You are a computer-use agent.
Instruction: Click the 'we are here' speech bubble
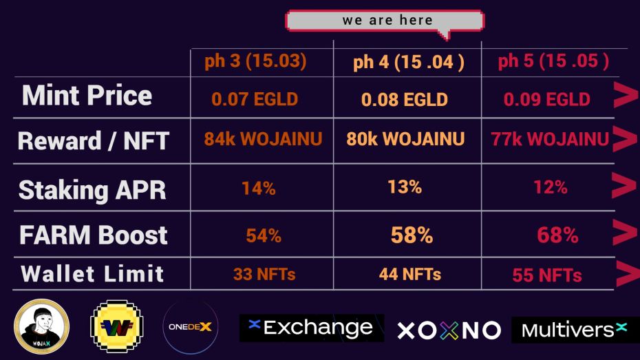(385, 21)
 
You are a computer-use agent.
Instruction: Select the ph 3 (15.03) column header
(255, 61)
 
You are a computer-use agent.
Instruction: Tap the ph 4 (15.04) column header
(409, 63)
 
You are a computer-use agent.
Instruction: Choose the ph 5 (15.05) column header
(553, 61)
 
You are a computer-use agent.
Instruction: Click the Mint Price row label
(87, 96)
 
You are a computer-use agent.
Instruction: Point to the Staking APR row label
(92, 190)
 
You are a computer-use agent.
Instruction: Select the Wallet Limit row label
(92, 273)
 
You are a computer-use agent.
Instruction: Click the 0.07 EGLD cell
(255, 99)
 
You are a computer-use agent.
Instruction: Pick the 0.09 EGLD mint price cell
(547, 99)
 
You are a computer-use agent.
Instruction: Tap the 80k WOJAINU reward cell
(405, 139)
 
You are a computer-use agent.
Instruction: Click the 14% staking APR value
(258, 188)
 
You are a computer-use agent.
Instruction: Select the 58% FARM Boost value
(412, 235)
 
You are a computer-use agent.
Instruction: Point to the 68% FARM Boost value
(557, 235)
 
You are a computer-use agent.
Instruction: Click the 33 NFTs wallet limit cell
(264, 274)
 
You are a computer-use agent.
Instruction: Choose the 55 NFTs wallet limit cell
(547, 275)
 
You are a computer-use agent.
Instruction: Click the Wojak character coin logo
(41, 326)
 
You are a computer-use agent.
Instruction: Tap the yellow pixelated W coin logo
(117, 326)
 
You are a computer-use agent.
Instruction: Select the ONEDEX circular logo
(190, 327)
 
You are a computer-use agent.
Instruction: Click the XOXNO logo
(449, 330)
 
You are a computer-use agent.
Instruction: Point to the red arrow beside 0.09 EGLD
(626, 95)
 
